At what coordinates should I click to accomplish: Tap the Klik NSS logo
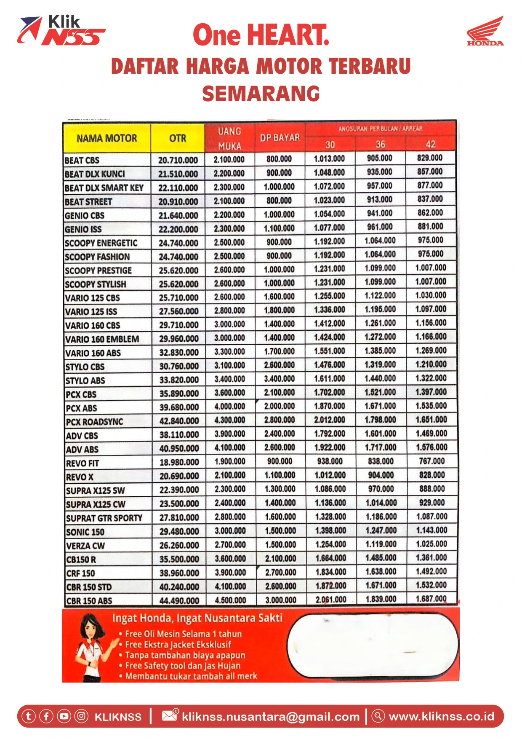pos(61,31)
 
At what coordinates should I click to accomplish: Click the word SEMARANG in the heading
pos(261,94)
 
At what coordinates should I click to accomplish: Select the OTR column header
pos(178,138)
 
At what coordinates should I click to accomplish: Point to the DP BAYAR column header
pos(280,138)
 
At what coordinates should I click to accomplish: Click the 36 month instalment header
pos(380,145)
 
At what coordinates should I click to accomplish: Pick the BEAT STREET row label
pos(88,202)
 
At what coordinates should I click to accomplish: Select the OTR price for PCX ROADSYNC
pos(179,421)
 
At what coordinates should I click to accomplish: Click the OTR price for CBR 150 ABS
pos(179,600)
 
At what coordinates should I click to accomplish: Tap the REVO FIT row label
pos(83,463)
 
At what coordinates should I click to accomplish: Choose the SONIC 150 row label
pos(85,532)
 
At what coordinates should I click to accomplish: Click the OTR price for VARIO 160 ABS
pos(178,352)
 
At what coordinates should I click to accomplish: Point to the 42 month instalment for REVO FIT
pos(431,461)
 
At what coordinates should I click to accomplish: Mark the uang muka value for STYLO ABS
pos(229,379)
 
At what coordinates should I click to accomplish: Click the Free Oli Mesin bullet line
pos(184,634)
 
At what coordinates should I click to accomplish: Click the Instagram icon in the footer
pos(81,716)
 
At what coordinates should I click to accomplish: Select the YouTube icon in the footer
pos(64,716)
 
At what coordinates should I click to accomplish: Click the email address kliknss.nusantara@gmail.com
pos(271,717)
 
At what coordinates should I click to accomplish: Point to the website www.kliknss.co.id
pos(441,716)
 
